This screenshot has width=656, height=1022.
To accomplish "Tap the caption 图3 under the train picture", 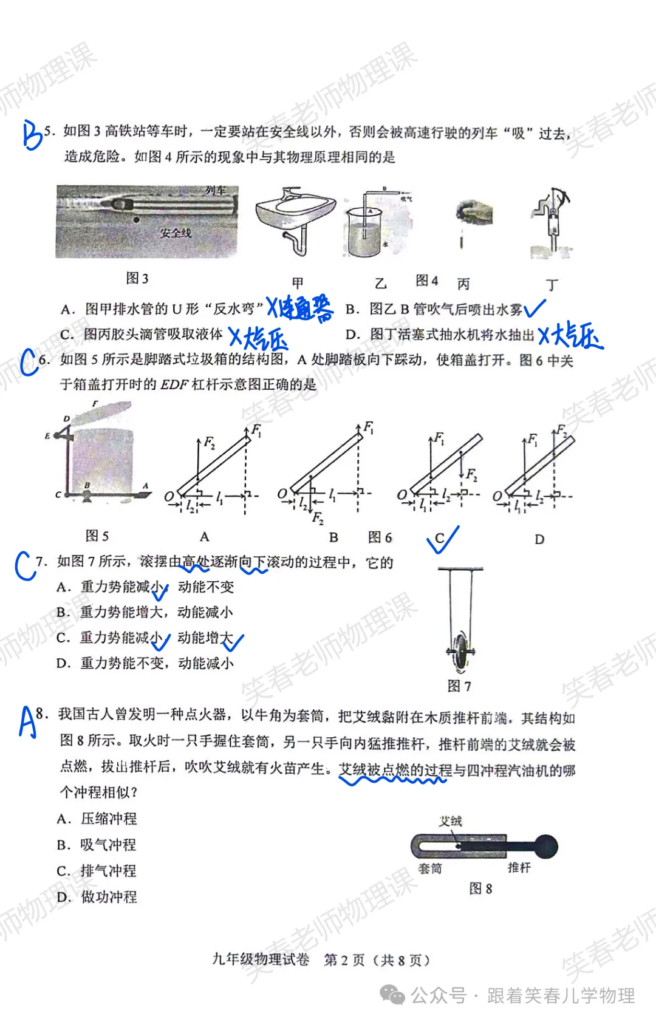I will click(x=137, y=278).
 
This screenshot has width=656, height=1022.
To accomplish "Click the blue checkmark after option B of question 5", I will click(x=534, y=309).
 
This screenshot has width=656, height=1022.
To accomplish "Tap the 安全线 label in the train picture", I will click(x=176, y=233).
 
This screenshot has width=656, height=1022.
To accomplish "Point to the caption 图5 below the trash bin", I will click(x=97, y=536).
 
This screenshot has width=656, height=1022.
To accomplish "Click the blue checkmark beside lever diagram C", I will click(x=443, y=540).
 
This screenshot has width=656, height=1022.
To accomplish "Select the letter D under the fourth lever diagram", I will click(x=539, y=539).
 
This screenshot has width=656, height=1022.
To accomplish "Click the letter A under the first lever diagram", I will click(x=205, y=537).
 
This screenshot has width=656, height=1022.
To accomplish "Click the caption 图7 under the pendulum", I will click(x=459, y=686).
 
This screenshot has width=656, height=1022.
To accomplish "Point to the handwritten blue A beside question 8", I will click(x=27, y=721).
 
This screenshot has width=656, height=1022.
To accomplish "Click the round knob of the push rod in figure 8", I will click(x=545, y=846).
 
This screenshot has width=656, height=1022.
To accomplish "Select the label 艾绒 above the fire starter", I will click(x=451, y=821).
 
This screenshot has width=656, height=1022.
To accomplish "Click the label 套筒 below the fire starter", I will click(x=430, y=869).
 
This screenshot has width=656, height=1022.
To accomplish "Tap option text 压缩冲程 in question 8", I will click(x=109, y=819).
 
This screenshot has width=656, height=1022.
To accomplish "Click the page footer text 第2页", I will click(x=344, y=959).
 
